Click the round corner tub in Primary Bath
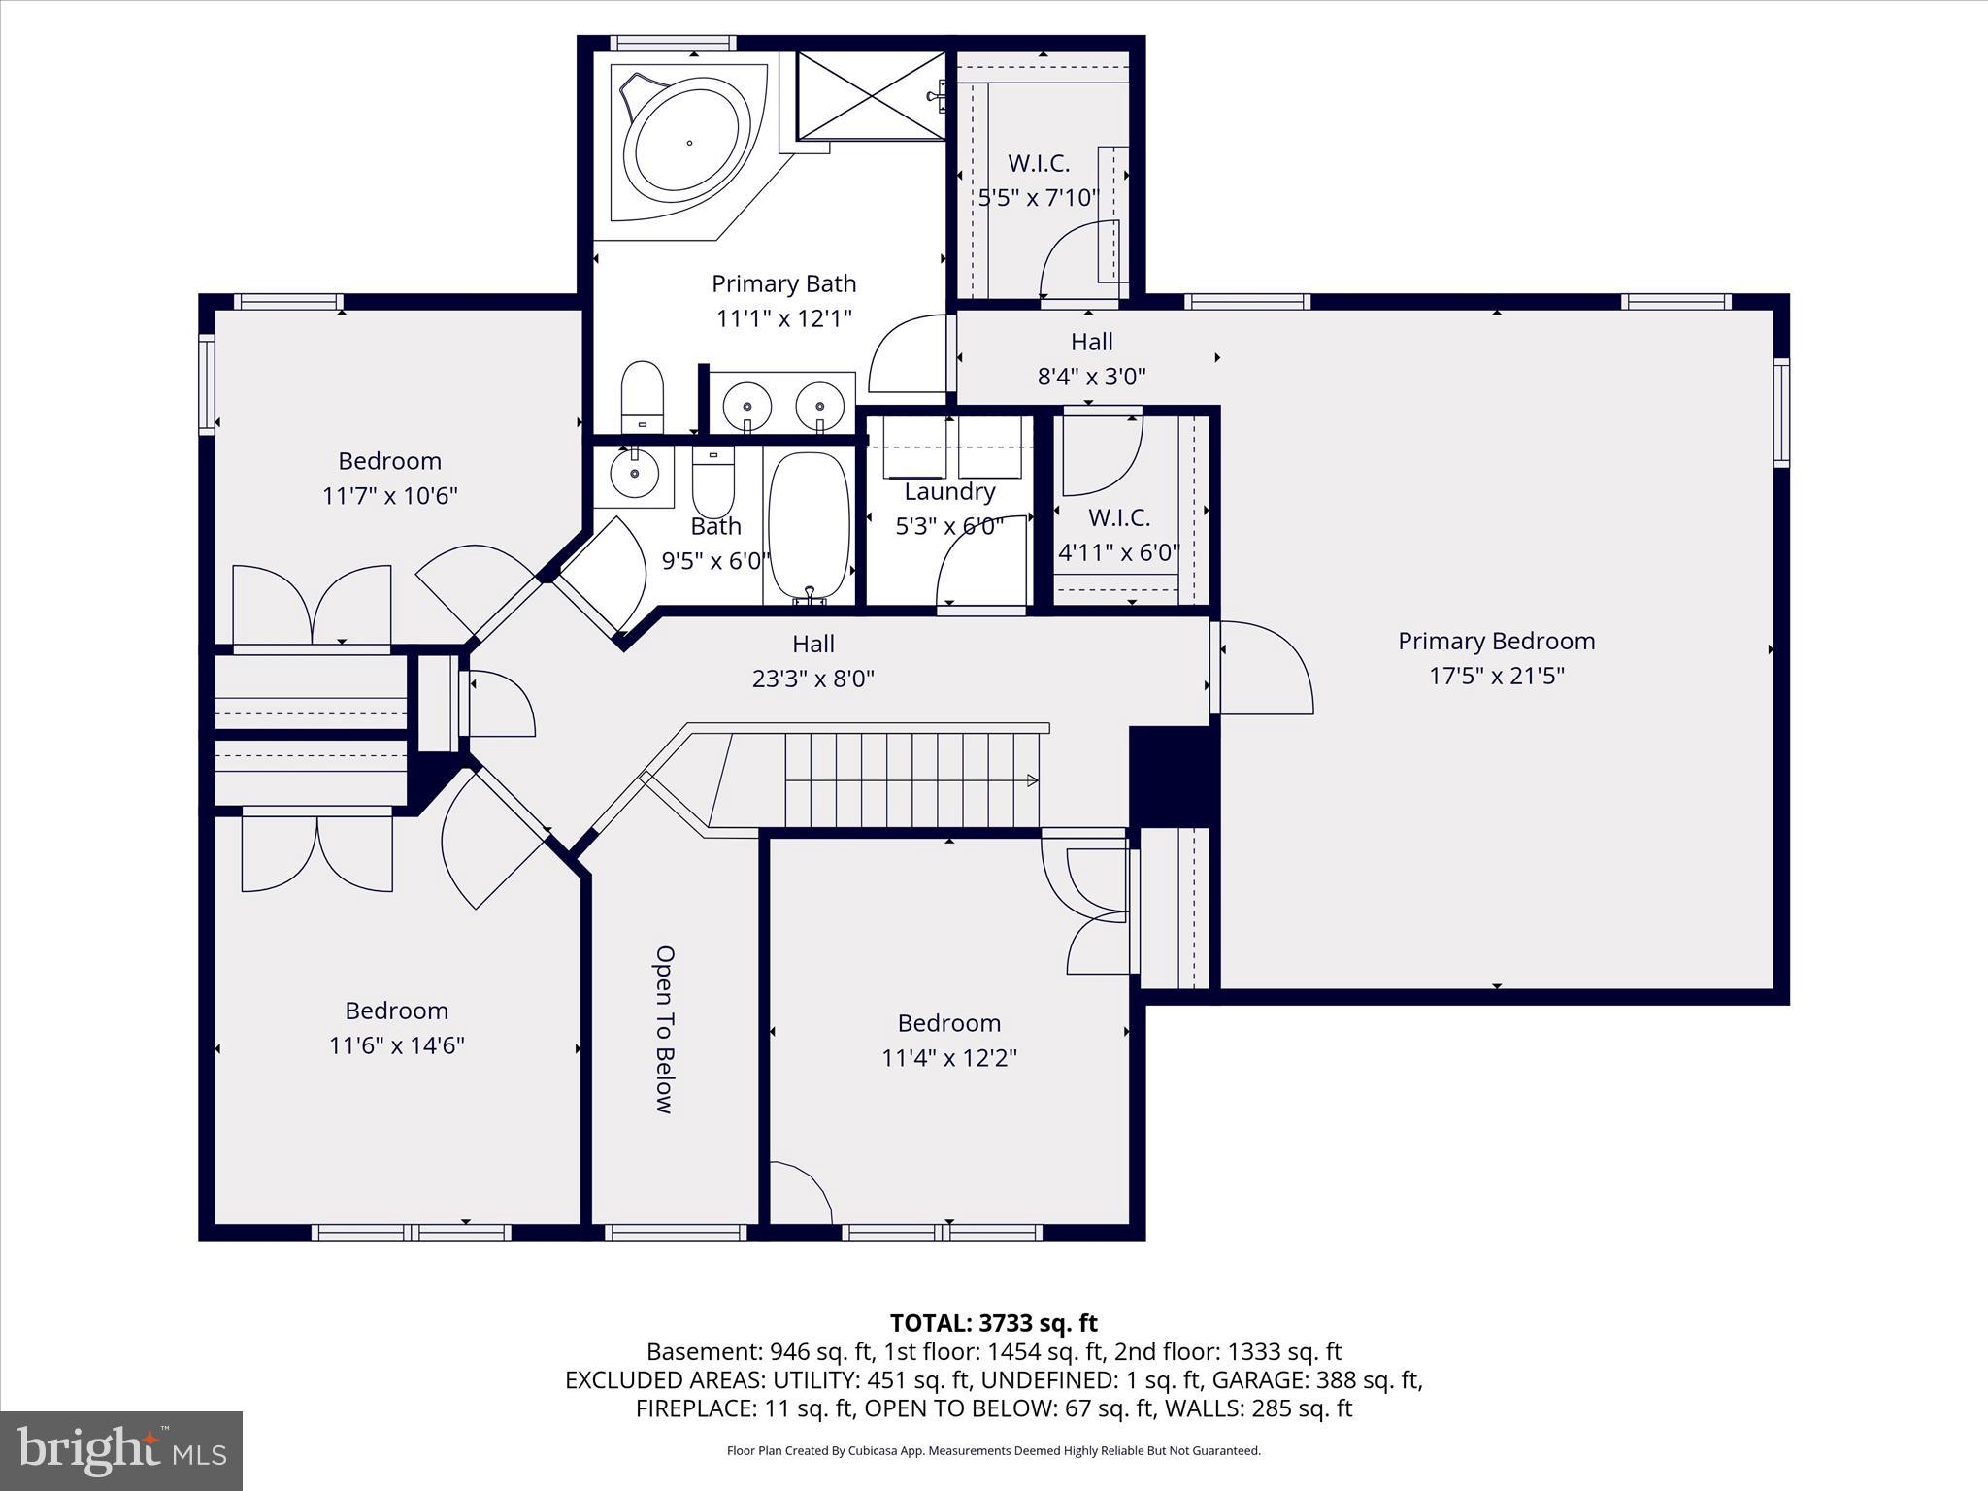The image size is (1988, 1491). pyautogui.click(x=687, y=144)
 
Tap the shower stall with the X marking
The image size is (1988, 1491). pyautogui.click(x=870, y=96)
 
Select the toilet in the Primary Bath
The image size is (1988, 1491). pyautogui.click(x=642, y=397)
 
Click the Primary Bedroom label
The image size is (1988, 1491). pyautogui.click(x=1496, y=641)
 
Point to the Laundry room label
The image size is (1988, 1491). pyautogui.click(x=948, y=491)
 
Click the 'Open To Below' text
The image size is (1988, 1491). pyautogui.click(x=665, y=1029)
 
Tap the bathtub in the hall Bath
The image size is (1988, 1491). pyautogui.click(x=809, y=524)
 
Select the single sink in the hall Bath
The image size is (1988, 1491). pyautogui.click(x=633, y=474)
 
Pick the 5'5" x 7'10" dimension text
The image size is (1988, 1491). pyautogui.click(x=1038, y=198)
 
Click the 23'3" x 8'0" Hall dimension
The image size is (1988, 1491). pyautogui.click(x=813, y=679)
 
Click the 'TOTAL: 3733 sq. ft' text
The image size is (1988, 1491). pyautogui.click(x=993, y=1323)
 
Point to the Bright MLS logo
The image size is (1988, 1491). pyautogui.click(x=120, y=1450)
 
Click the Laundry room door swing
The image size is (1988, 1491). pyautogui.click(x=980, y=563)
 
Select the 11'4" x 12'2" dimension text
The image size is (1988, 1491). pyautogui.click(x=948, y=1058)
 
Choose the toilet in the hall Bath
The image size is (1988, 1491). pyautogui.click(x=713, y=483)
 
